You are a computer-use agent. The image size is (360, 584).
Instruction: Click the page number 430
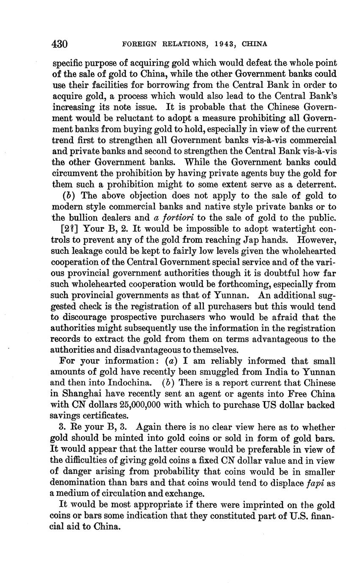60,44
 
